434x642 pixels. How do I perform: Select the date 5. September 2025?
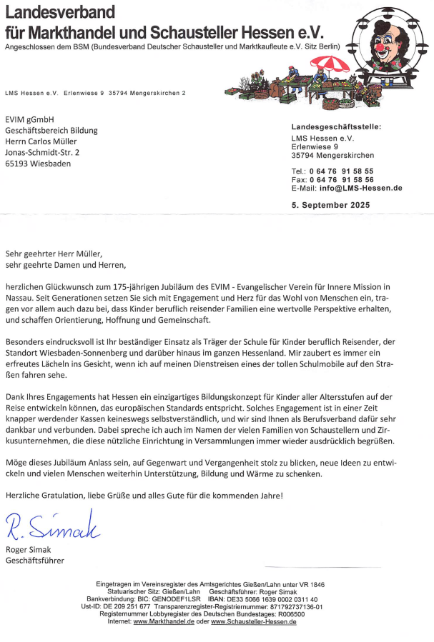pyautogui.click(x=331, y=204)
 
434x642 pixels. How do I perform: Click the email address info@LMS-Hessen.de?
pyautogui.click(x=360, y=188)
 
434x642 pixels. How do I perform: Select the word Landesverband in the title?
pyautogui.click(x=60, y=12)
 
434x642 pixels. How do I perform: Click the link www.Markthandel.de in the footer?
pyautogui.click(x=164, y=622)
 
